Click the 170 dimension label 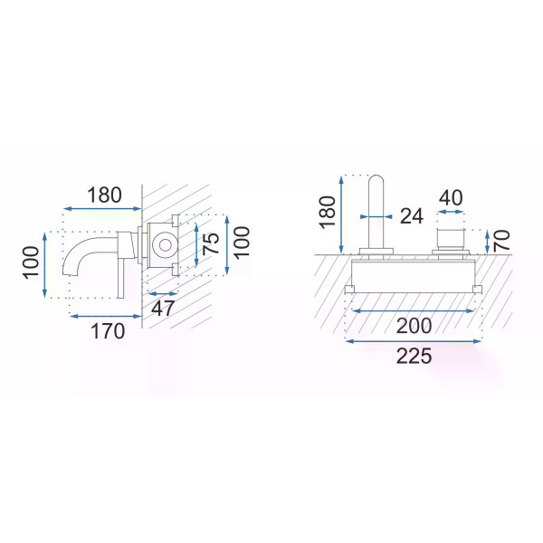108,331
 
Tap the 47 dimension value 163,308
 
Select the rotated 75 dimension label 211,243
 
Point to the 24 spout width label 412,216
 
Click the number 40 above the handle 451,197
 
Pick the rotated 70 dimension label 501,241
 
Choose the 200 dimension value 414,326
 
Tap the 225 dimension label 414,356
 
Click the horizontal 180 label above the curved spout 104,195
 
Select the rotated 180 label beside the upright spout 328,213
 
